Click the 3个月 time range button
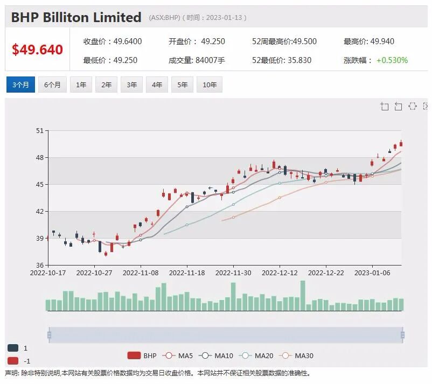click(20, 85)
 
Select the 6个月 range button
click(52, 85)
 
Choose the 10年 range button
click(210, 85)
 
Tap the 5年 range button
click(183, 85)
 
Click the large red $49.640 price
click(38, 50)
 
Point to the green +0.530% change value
click(392, 60)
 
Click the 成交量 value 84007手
click(210, 60)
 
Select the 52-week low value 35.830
click(298, 60)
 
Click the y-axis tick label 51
click(40, 130)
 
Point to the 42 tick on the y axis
click(40, 211)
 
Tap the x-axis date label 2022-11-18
click(187, 273)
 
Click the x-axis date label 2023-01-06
click(372, 273)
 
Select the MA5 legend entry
click(178, 355)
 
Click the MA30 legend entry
click(296, 355)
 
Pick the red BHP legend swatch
click(134, 355)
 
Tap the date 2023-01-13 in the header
click(224, 18)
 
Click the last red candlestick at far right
click(401, 144)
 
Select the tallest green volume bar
click(303, 296)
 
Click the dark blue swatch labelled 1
click(13, 348)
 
